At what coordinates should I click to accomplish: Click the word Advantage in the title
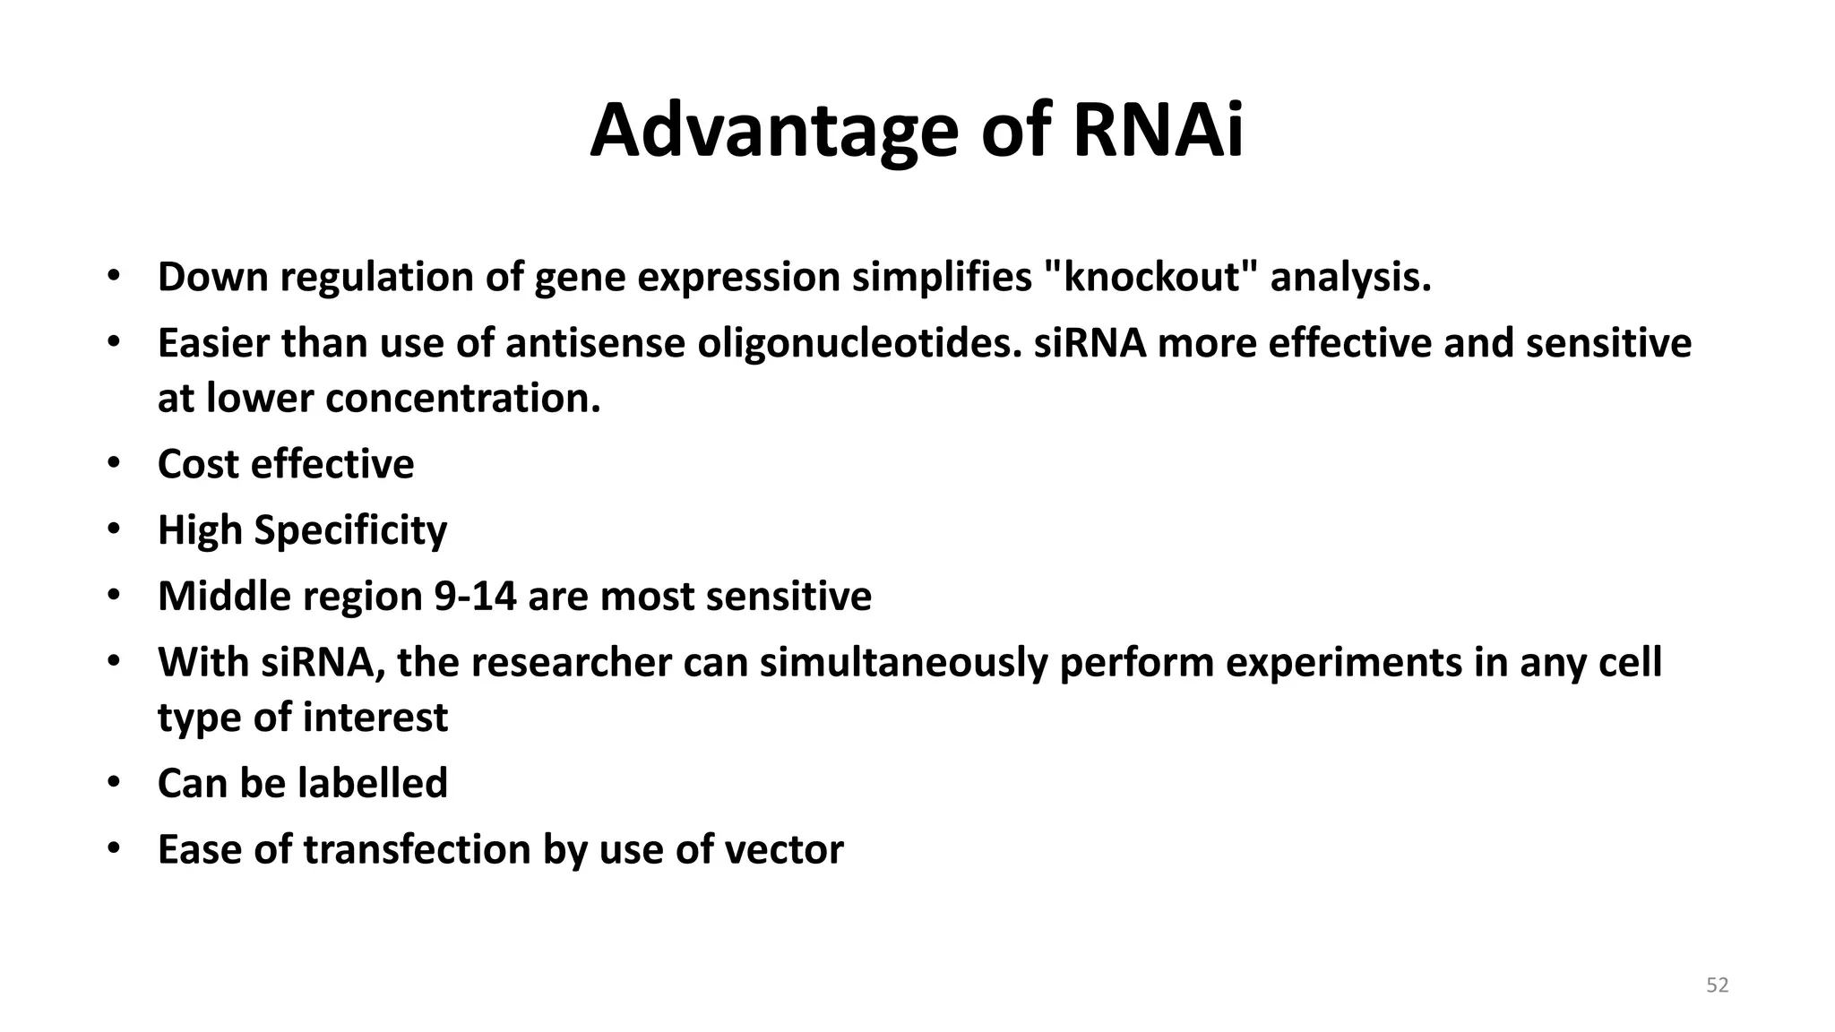(x=774, y=133)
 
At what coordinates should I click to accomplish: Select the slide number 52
(x=1717, y=985)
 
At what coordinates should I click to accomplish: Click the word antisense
(x=595, y=344)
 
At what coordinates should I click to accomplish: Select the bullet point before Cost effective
(x=113, y=463)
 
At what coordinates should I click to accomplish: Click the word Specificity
(x=350, y=531)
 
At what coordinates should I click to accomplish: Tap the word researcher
(x=571, y=664)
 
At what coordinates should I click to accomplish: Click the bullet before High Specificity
(x=113, y=529)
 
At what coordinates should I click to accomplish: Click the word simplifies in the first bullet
(x=941, y=277)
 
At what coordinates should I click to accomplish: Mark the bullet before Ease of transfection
(x=113, y=848)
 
